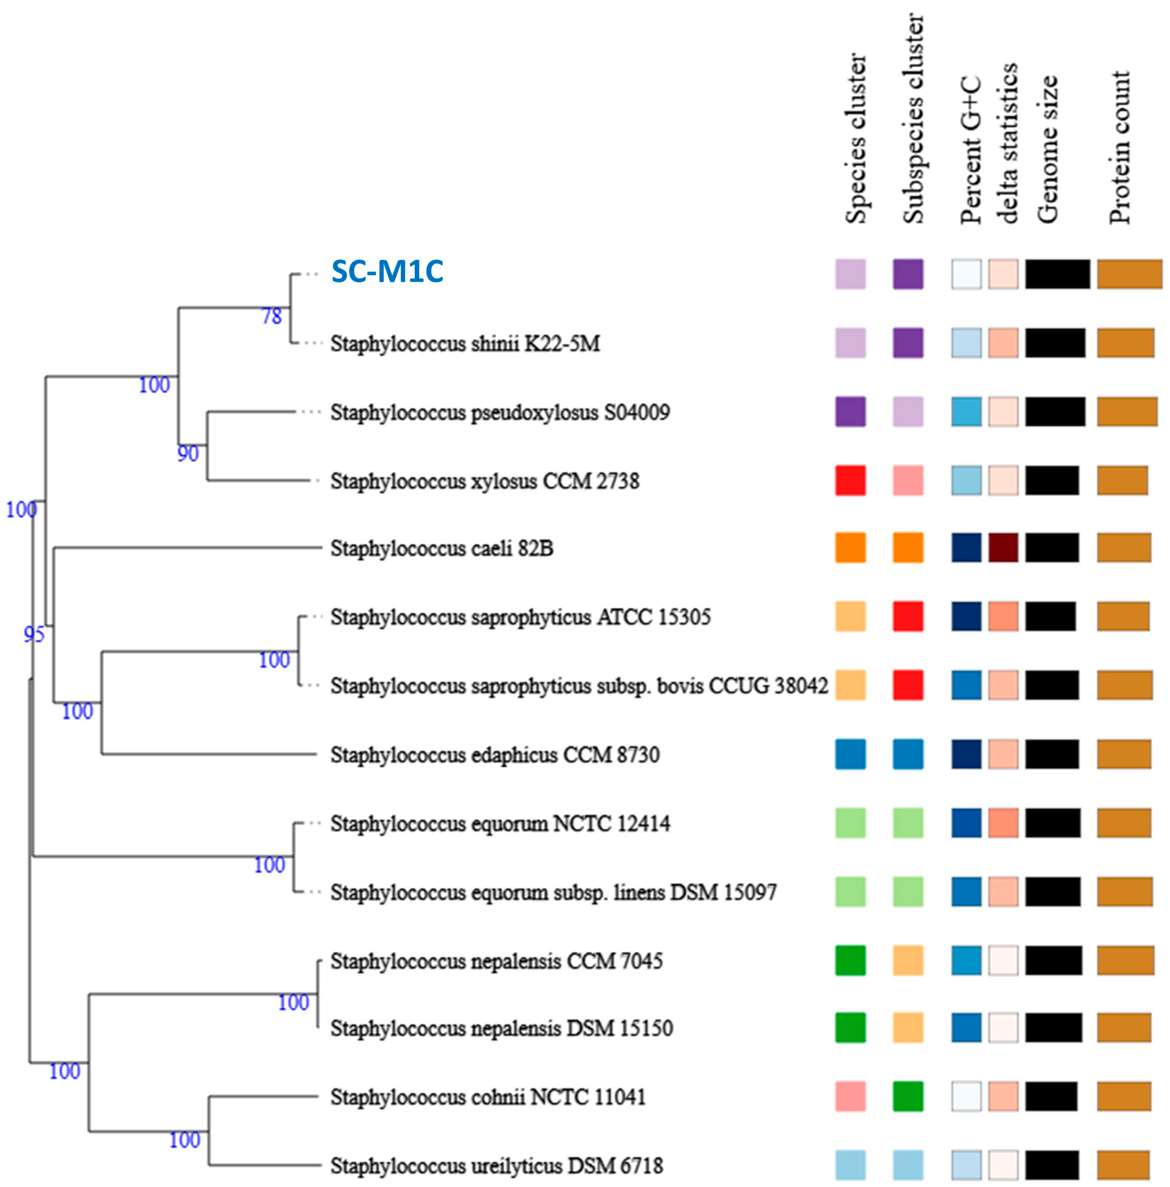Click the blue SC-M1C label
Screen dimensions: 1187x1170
387,271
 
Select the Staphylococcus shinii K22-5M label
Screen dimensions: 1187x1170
465,343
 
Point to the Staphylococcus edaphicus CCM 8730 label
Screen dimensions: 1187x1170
495,754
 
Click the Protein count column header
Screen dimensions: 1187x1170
1120,147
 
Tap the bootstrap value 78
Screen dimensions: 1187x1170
271,316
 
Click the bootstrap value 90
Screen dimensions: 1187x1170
188,454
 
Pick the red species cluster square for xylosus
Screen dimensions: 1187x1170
850,480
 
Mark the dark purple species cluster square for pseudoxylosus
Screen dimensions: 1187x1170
850,411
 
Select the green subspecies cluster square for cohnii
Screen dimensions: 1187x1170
908,1097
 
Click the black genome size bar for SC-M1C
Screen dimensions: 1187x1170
1057,274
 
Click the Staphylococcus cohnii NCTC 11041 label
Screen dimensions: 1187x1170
488,1097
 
